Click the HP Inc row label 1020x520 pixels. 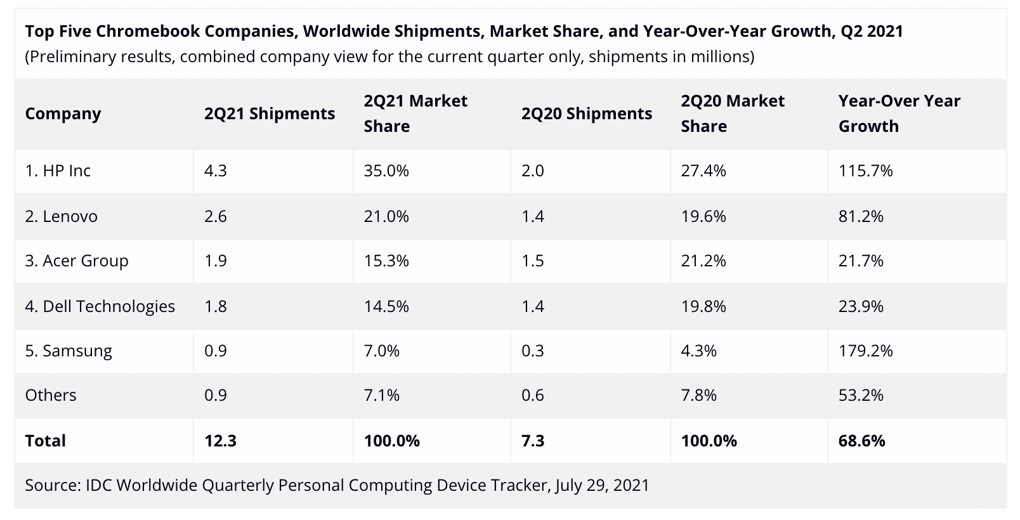pos(58,171)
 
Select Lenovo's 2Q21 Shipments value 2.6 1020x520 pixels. pos(216,216)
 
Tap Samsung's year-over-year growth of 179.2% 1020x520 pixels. pos(865,351)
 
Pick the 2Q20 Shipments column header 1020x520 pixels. pos(586,114)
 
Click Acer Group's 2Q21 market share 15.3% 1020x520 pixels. pos(386,261)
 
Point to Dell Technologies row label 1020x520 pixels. pos(100,306)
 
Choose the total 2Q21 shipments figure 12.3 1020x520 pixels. pos(220,441)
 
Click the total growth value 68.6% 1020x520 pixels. pos(861,441)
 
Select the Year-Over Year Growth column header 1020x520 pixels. pos(899,114)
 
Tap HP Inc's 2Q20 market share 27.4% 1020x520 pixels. pos(703,171)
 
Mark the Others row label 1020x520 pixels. pos(51,395)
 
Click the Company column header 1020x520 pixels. pos(63,114)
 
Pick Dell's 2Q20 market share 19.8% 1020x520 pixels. pos(703,306)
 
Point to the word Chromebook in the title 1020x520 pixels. pos(145,31)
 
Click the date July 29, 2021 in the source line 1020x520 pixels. pos(602,485)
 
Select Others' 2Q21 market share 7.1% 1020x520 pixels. pos(381,395)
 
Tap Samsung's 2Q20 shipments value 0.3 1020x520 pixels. pos(532,351)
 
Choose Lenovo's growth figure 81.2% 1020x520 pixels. pos(861,216)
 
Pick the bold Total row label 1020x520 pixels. pos(45,441)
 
